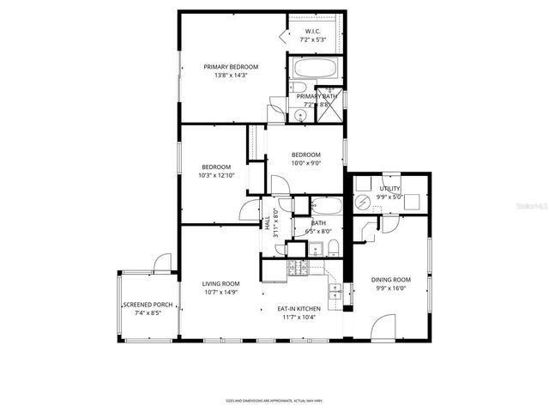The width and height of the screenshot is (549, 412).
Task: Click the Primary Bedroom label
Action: point(230,66)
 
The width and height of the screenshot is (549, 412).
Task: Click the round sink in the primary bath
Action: point(299,113)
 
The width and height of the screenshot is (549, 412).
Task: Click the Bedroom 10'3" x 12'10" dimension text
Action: point(216,175)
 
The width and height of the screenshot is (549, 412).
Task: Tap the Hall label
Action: point(268,222)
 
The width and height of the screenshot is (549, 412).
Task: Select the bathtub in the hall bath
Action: point(326,206)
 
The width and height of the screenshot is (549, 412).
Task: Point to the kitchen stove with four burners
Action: point(298,269)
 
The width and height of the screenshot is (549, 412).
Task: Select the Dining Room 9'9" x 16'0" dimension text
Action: point(390,288)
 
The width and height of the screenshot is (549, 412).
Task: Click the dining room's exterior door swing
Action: point(383,326)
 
